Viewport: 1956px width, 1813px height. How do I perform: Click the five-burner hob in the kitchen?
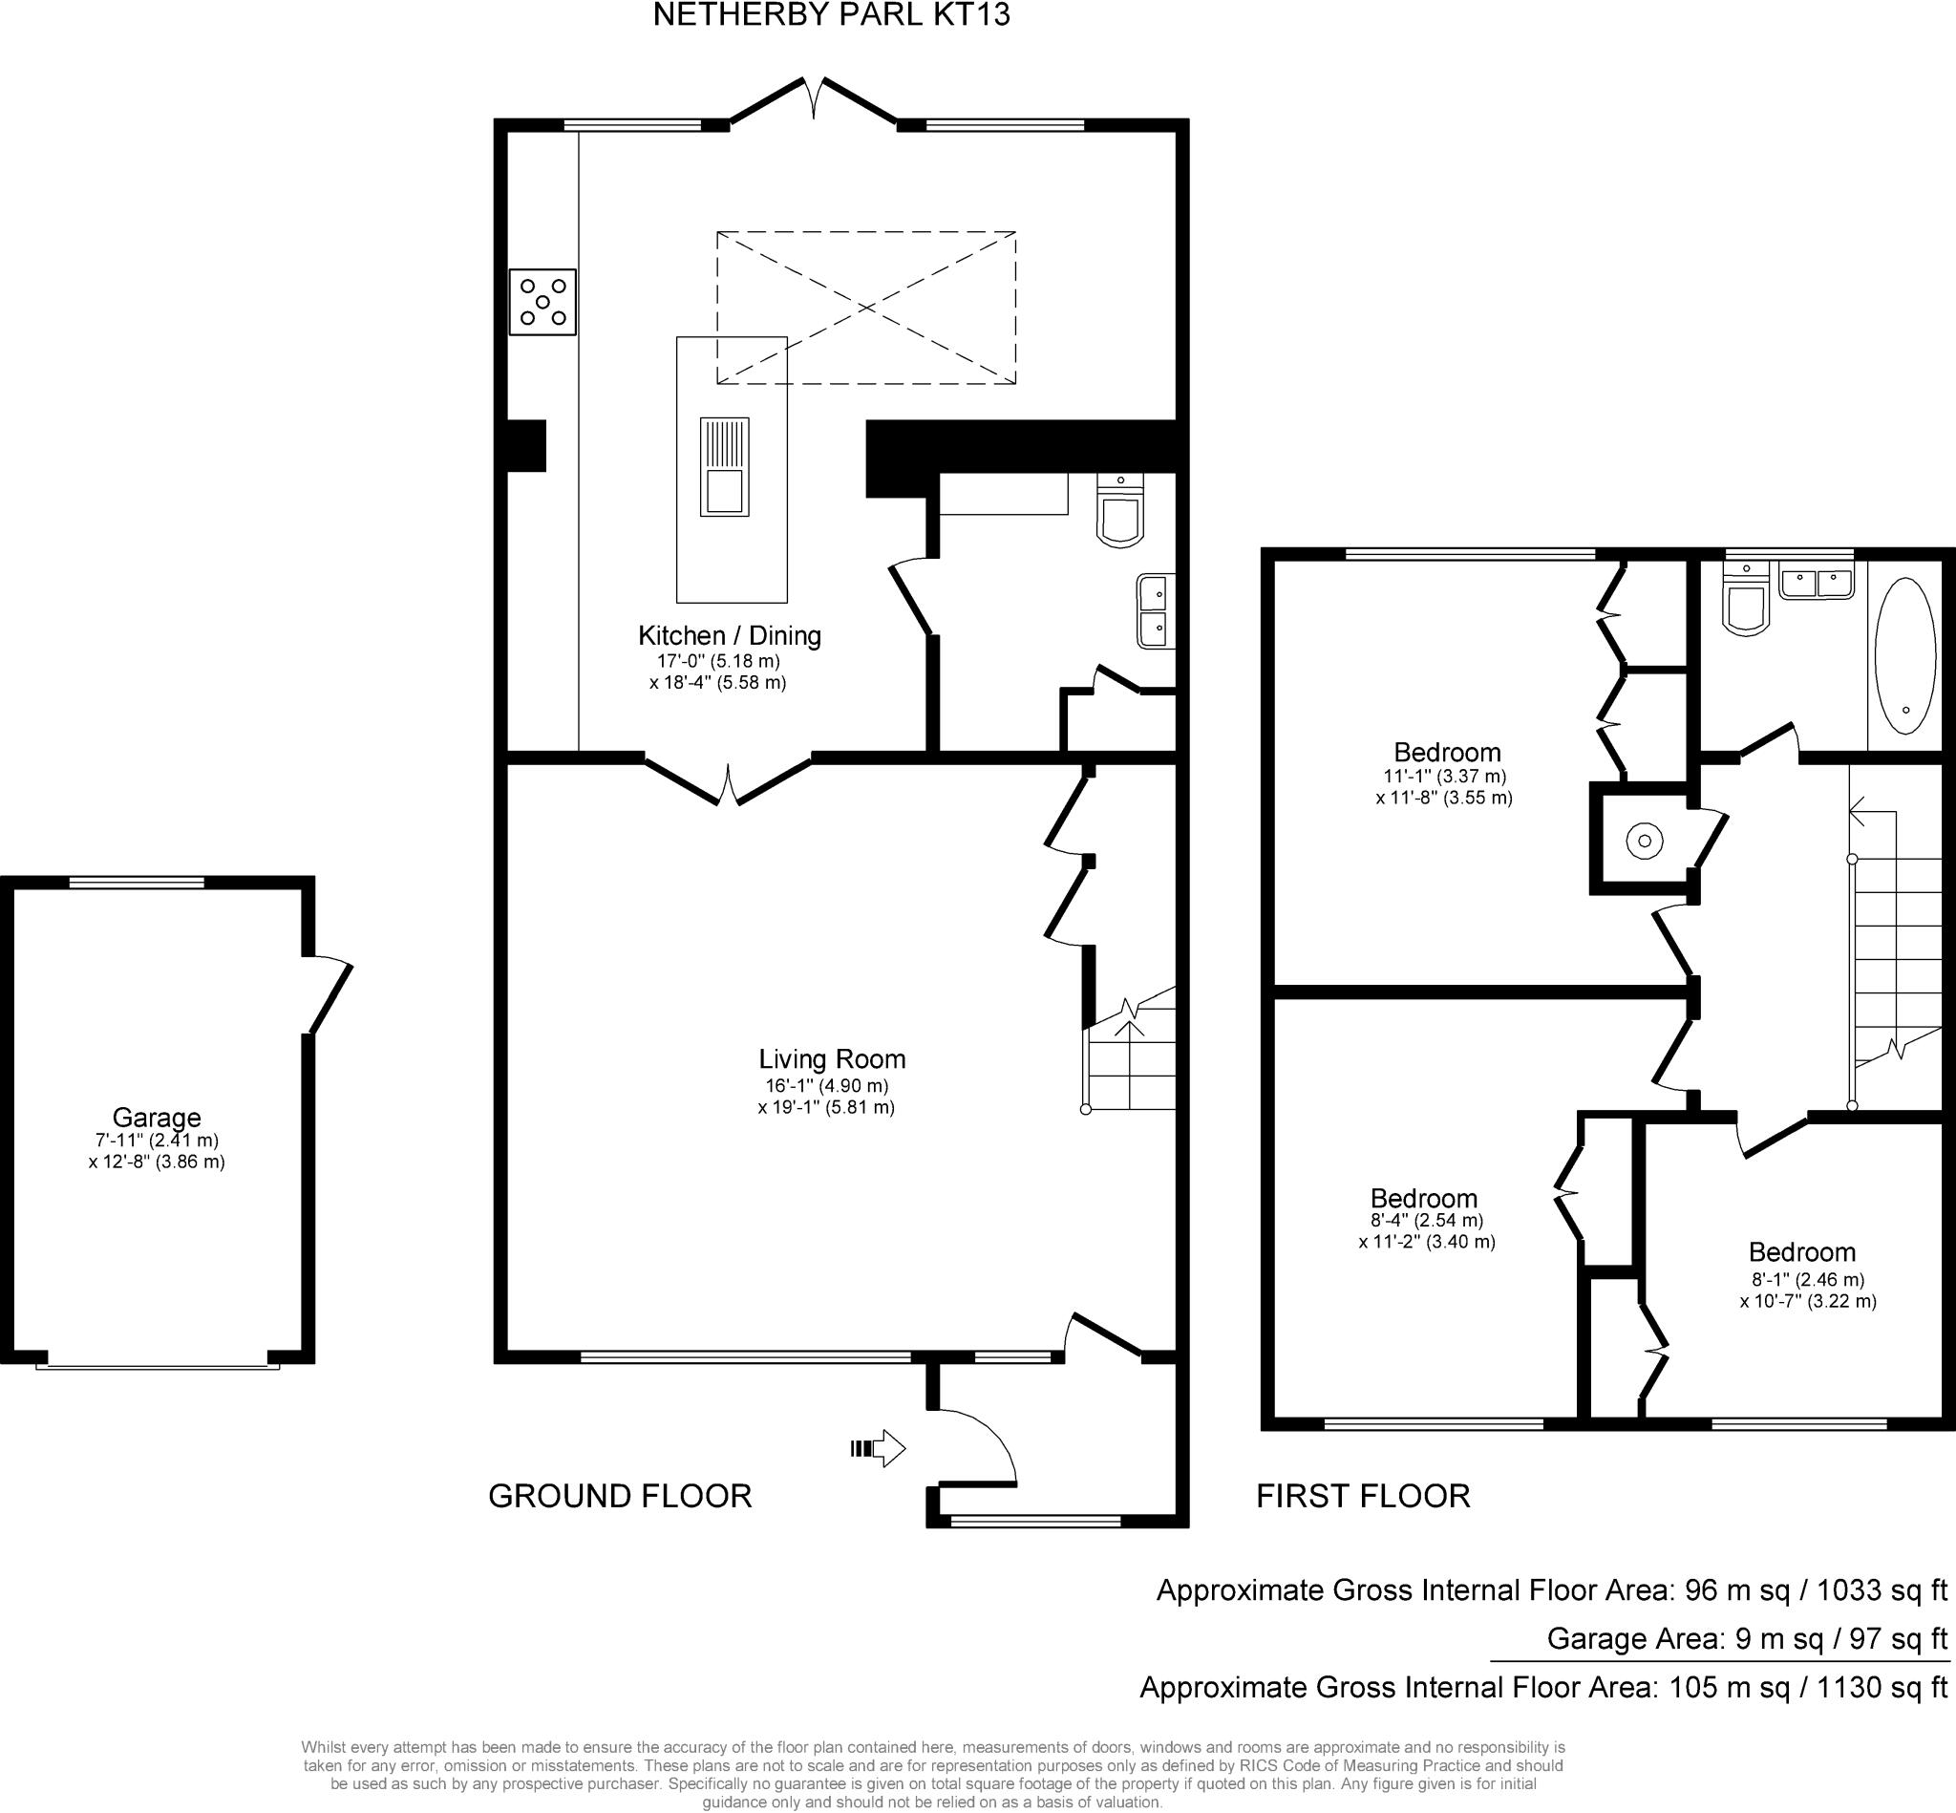point(542,302)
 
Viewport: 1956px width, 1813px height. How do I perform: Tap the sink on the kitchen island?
point(724,467)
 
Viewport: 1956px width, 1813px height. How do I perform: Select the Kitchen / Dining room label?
point(730,636)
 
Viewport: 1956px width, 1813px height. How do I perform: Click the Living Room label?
point(832,1059)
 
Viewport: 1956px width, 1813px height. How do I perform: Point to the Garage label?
point(157,1118)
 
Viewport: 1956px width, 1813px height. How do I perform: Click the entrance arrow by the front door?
point(878,1447)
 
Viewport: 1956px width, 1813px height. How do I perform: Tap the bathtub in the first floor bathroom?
point(1905,655)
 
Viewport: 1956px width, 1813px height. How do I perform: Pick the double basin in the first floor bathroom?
point(1817,584)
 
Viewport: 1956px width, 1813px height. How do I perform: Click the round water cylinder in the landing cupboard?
point(1645,841)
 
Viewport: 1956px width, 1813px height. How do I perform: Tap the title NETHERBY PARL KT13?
point(831,15)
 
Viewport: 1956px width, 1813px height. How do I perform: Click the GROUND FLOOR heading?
point(620,1496)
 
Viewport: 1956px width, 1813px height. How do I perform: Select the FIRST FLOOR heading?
point(1364,1496)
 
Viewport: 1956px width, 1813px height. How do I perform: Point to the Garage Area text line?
point(1747,1638)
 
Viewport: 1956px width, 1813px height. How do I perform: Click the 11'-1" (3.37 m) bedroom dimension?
point(1445,776)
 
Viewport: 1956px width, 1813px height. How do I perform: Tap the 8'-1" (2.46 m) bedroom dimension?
point(1808,1279)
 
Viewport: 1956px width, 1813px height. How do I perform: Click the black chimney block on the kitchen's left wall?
point(526,446)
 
